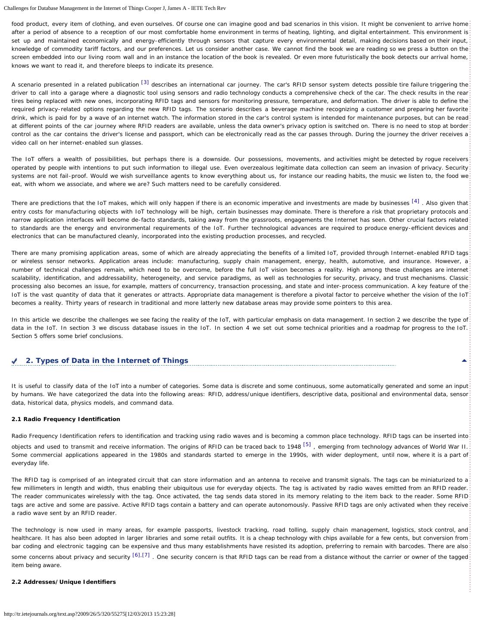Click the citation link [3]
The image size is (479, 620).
145,82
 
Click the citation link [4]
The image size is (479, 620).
415,201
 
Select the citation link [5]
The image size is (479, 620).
307,444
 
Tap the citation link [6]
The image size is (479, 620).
136,555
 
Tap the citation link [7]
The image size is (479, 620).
146,555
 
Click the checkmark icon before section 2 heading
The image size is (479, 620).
15,361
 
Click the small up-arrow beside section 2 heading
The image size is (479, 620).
464,360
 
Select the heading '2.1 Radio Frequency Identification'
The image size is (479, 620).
66,419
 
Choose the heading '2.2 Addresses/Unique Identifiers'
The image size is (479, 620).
64,582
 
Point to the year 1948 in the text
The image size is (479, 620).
294,447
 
